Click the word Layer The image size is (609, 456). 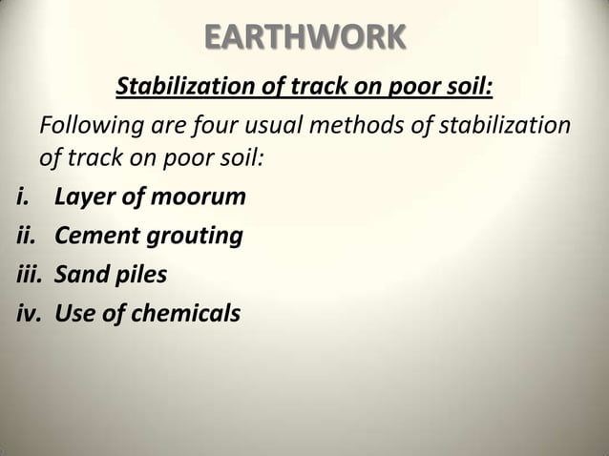84,198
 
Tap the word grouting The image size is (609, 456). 193,238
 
